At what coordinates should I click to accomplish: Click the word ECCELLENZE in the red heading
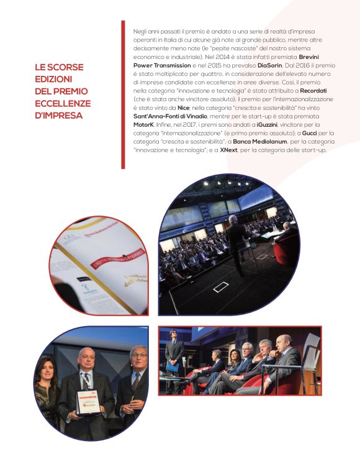[x=63, y=103]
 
